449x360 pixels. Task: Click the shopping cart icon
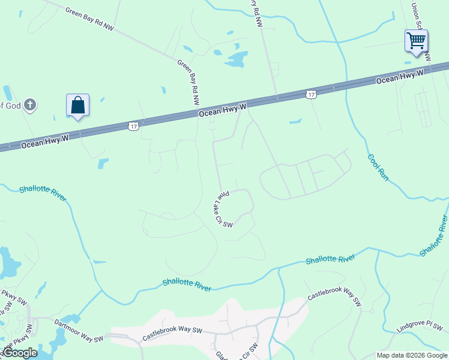click(416, 41)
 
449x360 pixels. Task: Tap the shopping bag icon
click(77, 106)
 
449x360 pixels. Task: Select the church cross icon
click(29, 106)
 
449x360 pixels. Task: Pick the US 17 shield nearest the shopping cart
click(310, 94)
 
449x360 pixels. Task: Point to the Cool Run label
click(378, 168)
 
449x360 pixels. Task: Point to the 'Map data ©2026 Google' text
click(412, 355)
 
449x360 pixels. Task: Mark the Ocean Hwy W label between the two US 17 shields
click(223, 110)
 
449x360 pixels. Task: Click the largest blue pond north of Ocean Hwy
click(236, 59)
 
